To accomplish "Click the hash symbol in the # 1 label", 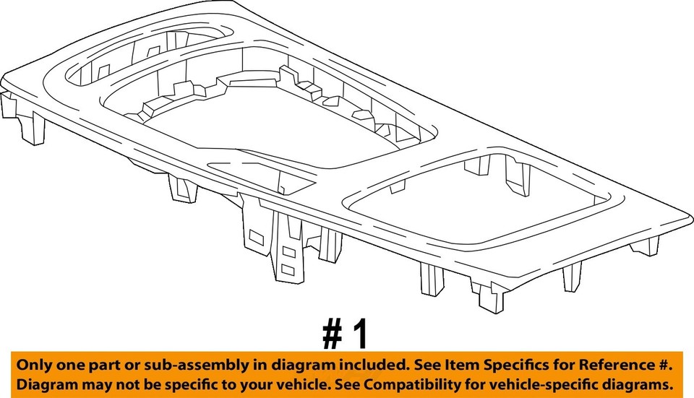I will [x=332, y=334].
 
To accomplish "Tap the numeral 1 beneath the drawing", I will [x=360, y=334].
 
